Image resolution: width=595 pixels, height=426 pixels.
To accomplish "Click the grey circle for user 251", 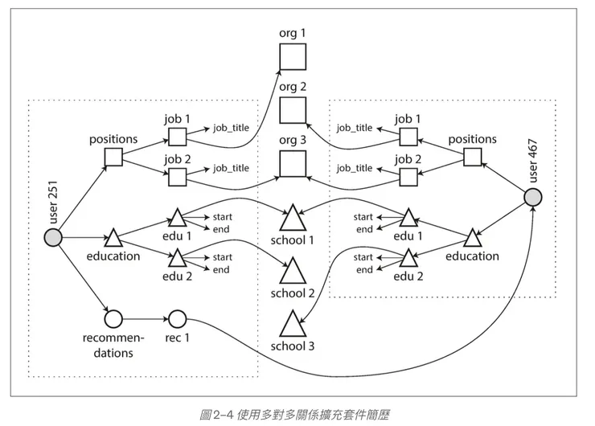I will click(53, 237).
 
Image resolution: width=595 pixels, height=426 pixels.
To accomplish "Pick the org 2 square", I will click(292, 111).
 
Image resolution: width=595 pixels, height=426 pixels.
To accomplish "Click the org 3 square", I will click(292, 165).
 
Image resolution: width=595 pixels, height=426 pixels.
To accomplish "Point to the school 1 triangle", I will click(293, 219).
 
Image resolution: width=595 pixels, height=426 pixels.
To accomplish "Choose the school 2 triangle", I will click(293, 270).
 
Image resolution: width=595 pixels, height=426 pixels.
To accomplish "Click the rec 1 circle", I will click(177, 318).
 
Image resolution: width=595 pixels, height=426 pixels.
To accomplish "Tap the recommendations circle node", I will click(113, 318).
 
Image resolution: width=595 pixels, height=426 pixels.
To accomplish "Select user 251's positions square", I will click(113, 157).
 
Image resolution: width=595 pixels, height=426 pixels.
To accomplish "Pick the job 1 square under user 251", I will click(177, 135).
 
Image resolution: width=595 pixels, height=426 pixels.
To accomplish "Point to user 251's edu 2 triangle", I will click(177, 258).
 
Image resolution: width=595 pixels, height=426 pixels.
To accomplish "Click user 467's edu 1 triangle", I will click(408, 218).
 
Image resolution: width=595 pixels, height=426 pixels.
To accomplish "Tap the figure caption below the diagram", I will click(297, 414).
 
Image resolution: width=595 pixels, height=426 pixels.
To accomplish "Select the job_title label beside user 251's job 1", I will click(230, 128).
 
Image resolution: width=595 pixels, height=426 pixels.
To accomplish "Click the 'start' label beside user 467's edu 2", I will click(363, 257).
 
